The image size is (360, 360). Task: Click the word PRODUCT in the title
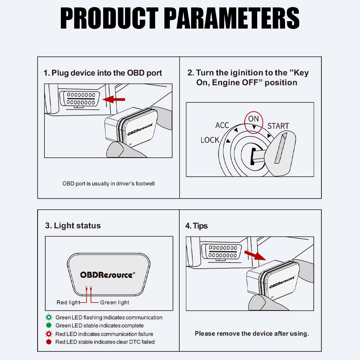pyautogui.click(x=109, y=18)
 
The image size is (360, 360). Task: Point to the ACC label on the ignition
pyautogui.click(x=222, y=125)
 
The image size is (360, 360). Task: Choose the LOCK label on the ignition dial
pyautogui.click(x=210, y=140)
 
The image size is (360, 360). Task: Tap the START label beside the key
pyautogui.click(x=278, y=126)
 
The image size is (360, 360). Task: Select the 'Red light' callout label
pyautogui.click(x=68, y=302)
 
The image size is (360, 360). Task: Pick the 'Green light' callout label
pyautogui.click(x=115, y=302)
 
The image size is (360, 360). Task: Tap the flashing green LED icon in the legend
pyautogui.click(x=49, y=318)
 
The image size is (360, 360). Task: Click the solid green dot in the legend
pyautogui.click(x=49, y=325)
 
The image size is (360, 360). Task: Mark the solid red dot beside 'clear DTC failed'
pyautogui.click(x=49, y=342)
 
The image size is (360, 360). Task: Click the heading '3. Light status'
pyautogui.click(x=73, y=226)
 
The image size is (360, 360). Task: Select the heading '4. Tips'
pyautogui.click(x=196, y=226)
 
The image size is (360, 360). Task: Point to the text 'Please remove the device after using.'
pyautogui.click(x=252, y=334)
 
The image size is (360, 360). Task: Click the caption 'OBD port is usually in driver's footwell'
pyautogui.click(x=108, y=184)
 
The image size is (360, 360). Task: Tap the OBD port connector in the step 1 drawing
pyautogui.click(x=81, y=99)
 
